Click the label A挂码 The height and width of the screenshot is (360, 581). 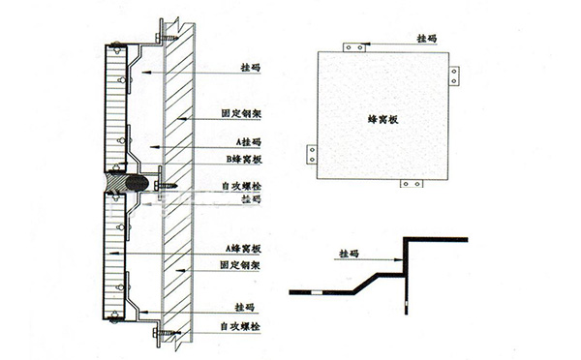pyautogui.click(x=235, y=141)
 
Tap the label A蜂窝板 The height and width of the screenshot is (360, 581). pyautogui.click(x=238, y=249)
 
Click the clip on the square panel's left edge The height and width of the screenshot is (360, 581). pyautogui.click(x=312, y=153)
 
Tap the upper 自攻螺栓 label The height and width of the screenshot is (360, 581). pyautogui.click(x=241, y=184)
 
